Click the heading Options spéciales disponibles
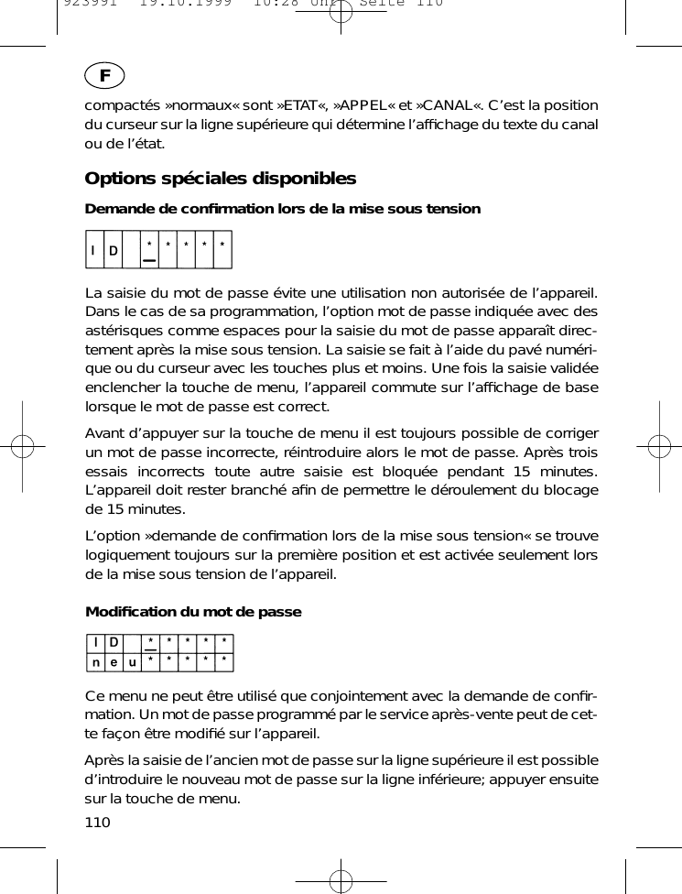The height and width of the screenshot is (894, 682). pos(220,178)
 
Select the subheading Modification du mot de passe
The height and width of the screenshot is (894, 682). pos(193,611)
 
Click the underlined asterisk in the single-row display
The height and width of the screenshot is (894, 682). pos(149,247)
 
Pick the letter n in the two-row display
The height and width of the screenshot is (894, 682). pos(94,661)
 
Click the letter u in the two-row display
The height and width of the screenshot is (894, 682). pos(132,661)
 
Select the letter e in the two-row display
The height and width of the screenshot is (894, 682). pos(113,661)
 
